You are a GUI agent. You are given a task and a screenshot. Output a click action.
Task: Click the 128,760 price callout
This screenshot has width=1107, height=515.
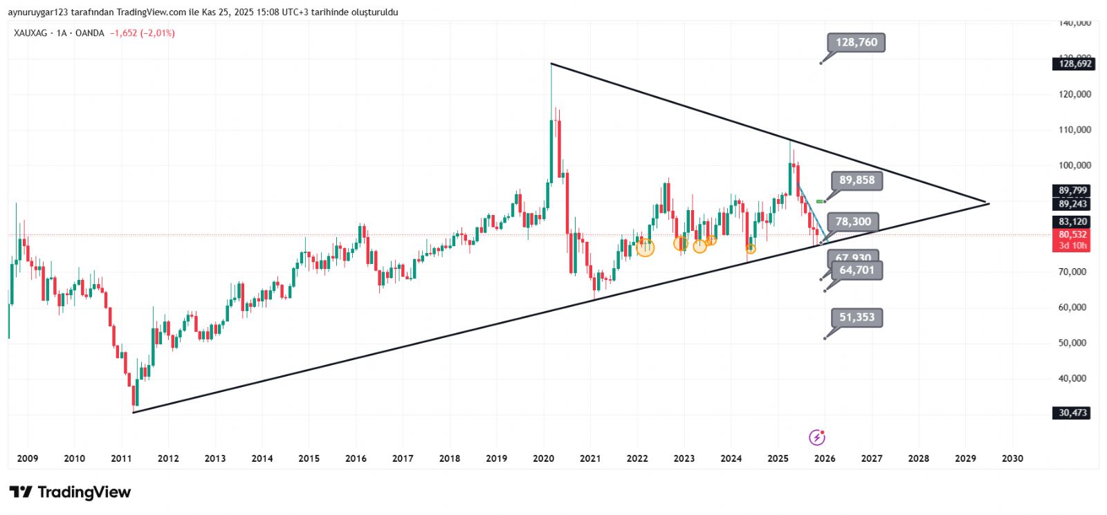click(x=856, y=43)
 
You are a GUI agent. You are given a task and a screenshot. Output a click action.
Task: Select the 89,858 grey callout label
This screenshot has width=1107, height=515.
click(x=857, y=180)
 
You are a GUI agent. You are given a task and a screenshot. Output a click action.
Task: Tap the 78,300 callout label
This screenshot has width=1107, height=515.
click(x=853, y=222)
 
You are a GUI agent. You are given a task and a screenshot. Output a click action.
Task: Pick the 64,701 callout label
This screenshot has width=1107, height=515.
click(x=857, y=270)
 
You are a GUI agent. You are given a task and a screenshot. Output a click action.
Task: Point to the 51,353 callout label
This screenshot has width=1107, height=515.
click(x=857, y=317)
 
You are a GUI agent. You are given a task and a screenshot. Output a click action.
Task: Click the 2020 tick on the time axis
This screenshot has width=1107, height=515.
click(x=543, y=458)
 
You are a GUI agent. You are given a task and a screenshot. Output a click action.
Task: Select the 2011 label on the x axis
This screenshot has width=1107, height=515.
click(x=121, y=458)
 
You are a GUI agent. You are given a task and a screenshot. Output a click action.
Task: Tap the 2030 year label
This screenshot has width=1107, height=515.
click(x=1012, y=458)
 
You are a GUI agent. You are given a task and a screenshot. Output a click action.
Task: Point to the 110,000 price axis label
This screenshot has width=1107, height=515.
click(x=1074, y=130)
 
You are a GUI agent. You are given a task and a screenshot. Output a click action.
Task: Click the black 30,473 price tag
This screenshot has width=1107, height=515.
click(x=1072, y=413)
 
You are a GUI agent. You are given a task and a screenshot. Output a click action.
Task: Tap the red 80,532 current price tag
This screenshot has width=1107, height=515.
click(x=1072, y=235)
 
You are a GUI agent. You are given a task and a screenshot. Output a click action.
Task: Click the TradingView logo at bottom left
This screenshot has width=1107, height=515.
click(x=70, y=492)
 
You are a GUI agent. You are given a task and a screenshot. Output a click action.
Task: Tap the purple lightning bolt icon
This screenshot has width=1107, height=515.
click(x=817, y=437)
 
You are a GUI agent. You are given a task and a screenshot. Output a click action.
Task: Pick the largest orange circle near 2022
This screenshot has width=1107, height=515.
click(x=645, y=247)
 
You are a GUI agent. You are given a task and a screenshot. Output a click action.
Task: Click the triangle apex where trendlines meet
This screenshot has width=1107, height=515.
click(x=988, y=203)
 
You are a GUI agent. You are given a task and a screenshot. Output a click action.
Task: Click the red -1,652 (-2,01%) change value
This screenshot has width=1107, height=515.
click(x=142, y=33)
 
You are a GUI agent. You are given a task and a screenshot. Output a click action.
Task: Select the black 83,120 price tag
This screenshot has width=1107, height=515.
click(x=1072, y=222)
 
